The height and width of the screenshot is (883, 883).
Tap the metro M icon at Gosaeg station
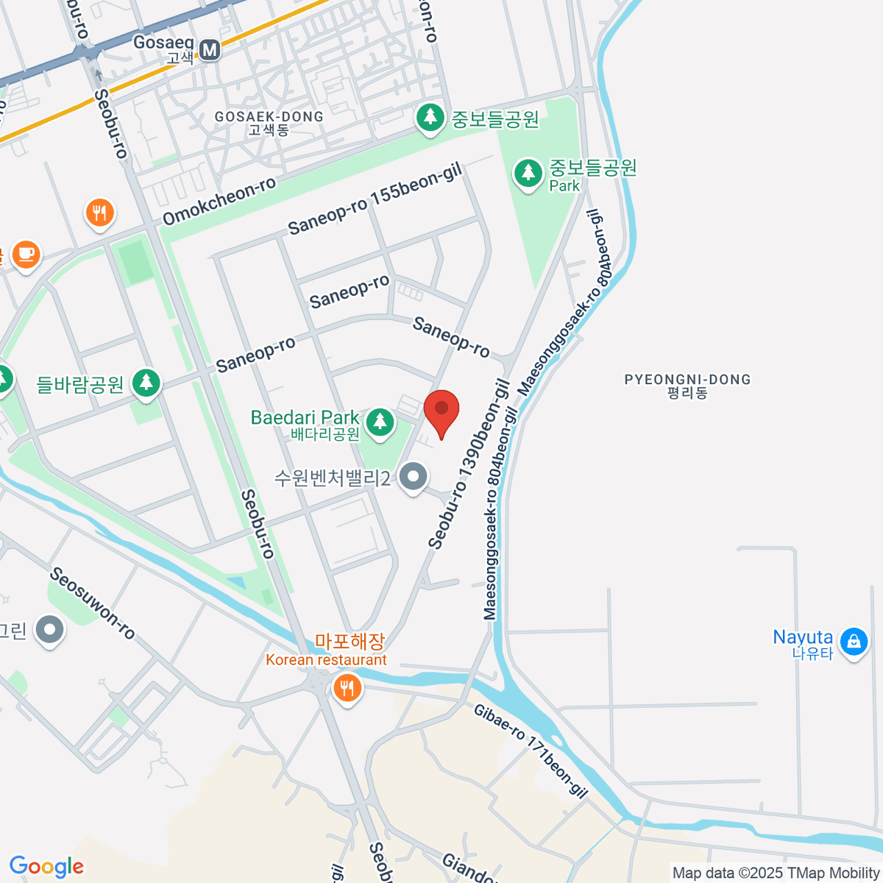point(210,49)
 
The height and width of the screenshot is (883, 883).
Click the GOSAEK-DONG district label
point(269,117)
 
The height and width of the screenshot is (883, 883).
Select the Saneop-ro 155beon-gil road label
point(375,199)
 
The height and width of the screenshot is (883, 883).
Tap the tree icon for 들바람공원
point(146,382)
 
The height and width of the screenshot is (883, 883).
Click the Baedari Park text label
point(305,418)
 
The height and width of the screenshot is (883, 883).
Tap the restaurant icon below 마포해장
point(346,689)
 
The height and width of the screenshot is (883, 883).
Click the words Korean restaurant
point(326,660)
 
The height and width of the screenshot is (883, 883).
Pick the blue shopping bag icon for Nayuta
point(854,641)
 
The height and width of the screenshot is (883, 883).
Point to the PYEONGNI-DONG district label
point(687,380)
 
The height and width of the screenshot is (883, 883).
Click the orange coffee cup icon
point(26,254)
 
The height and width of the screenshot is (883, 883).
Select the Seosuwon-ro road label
point(93,603)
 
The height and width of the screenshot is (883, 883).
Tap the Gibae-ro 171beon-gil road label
point(531,751)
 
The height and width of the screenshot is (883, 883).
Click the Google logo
point(46,867)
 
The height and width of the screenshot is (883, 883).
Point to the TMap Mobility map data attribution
point(776,873)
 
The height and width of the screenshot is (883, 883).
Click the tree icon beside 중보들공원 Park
point(528,173)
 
